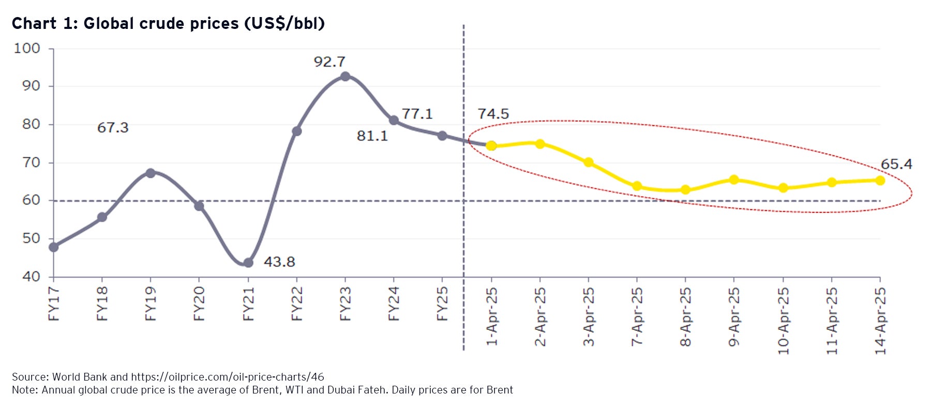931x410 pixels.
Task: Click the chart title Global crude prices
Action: (x=168, y=23)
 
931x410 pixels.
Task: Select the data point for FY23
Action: (x=345, y=76)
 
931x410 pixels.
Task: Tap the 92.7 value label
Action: (x=329, y=62)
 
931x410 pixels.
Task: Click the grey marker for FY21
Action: (x=248, y=263)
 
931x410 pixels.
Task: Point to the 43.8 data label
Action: (x=279, y=262)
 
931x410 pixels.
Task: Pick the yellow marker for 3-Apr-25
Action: (x=588, y=162)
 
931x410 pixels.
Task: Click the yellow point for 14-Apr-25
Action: (x=880, y=180)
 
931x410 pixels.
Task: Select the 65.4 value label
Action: (x=896, y=164)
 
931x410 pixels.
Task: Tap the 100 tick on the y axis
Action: (x=27, y=49)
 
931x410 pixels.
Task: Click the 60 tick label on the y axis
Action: (x=31, y=200)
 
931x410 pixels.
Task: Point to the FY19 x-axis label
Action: (x=151, y=304)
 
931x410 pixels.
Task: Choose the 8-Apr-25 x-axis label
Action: (x=685, y=317)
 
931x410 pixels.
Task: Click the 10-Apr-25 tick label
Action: (x=783, y=321)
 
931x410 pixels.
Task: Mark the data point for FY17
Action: (x=54, y=247)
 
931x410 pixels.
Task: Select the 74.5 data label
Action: (x=493, y=114)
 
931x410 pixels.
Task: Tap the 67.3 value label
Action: (x=113, y=128)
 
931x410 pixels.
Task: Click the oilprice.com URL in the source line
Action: (x=227, y=377)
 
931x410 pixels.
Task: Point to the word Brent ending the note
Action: (x=499, y=390)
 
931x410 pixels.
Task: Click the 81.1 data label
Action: (x=372, y=136)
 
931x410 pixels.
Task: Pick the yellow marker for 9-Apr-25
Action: (x=733, y=180)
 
